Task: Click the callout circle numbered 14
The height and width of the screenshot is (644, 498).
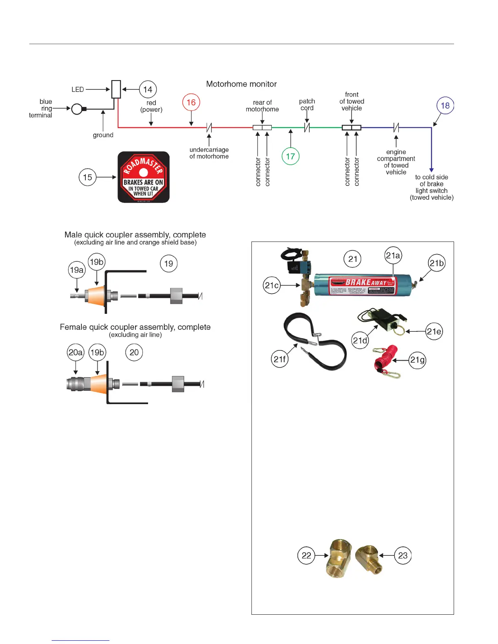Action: (148, 89)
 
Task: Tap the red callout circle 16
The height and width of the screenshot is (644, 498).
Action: (191, 102)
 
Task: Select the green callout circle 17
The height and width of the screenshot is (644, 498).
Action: (290, 156)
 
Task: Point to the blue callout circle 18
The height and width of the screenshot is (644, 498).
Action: (445, 106)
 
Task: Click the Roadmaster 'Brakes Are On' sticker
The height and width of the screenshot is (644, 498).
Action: (144, 177)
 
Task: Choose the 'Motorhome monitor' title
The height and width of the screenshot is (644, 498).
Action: (241, 84)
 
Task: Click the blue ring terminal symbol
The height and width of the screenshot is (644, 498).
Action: (77, 109)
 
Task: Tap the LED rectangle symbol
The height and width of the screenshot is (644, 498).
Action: (116, 89)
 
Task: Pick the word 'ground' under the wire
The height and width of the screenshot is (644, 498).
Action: (103, 135)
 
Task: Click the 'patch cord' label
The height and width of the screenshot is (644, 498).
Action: (307, 104)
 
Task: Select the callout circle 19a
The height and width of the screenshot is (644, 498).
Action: (77, 270)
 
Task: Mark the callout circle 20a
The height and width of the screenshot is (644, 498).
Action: (76, 352)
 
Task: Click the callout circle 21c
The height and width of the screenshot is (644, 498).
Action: (272, 285)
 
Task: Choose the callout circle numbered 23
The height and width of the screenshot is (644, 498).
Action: (403, 556)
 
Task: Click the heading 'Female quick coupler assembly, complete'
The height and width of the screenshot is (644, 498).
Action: (135, 327)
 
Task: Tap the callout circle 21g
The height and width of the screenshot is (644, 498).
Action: (417, 360)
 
